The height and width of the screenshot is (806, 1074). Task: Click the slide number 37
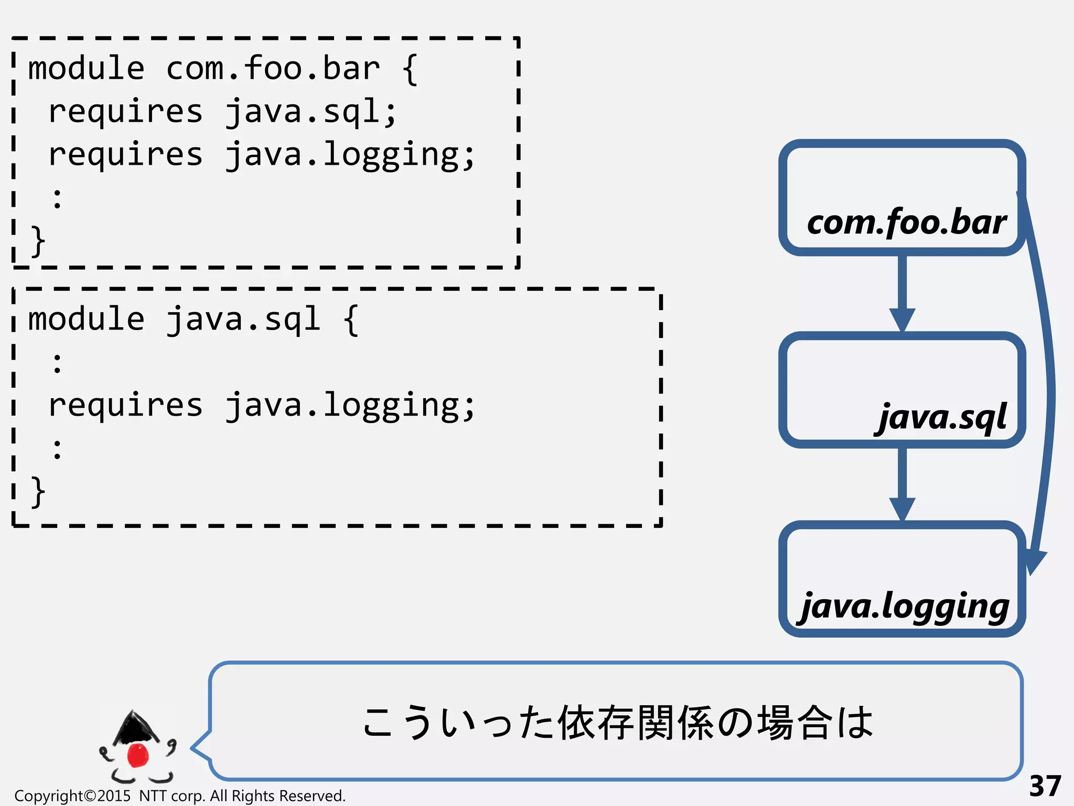pyautogui.click(x=1045, y=786)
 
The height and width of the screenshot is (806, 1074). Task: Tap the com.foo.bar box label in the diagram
pyautogui.click(x=906, y=222)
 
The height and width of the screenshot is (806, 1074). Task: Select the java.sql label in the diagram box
pyautogui.click(x=942, y=417)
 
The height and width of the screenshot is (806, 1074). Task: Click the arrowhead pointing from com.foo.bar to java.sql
pyautogui.click(x=902, y=319)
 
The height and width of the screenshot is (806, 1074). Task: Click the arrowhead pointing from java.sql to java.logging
pyautogui.click(x=902, y=508)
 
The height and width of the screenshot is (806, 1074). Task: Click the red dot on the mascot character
pyautogui.click(x=138, y=755)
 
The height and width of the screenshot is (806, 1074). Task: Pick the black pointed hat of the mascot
pyautogui.click(x=134, y=727)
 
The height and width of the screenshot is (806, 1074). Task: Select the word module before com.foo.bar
pyautogui.click(x=86, y=69)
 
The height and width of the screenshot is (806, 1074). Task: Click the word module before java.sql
pyautogui.click(x=86, y=320)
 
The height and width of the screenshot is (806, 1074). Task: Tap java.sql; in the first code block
pyautogui.click(x=310, y=112)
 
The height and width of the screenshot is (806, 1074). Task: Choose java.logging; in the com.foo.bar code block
pyautogui.click(x=350, y=155)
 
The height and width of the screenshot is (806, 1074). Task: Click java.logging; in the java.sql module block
pyautogui.click(x=350, y=406)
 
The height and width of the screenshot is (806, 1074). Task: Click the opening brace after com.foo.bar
pyautogui.click(x=410, y=69)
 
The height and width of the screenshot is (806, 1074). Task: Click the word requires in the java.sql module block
pyautogui.click(x=125, y=406)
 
